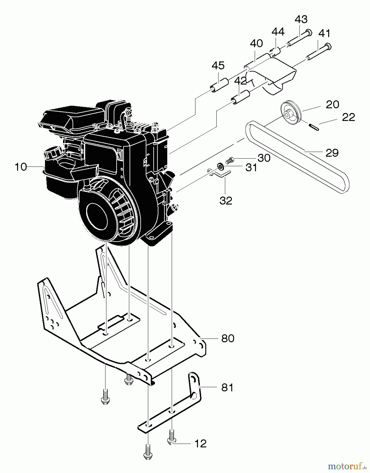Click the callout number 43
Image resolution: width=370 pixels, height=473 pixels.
[301, 19]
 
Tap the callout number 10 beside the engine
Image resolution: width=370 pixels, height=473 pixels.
[21, 167]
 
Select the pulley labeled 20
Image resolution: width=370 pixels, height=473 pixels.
[291, 114]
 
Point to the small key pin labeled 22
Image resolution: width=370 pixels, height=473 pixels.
[314, 127]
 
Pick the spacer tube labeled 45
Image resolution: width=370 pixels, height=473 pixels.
[219, 85]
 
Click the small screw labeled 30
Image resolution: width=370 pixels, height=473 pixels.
[230, 160]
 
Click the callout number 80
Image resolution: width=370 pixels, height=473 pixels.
[228, 338]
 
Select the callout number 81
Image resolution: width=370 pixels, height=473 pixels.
[227, 387]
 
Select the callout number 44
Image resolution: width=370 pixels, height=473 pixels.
[278, 32]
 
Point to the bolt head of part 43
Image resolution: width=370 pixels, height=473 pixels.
[309, 33]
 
